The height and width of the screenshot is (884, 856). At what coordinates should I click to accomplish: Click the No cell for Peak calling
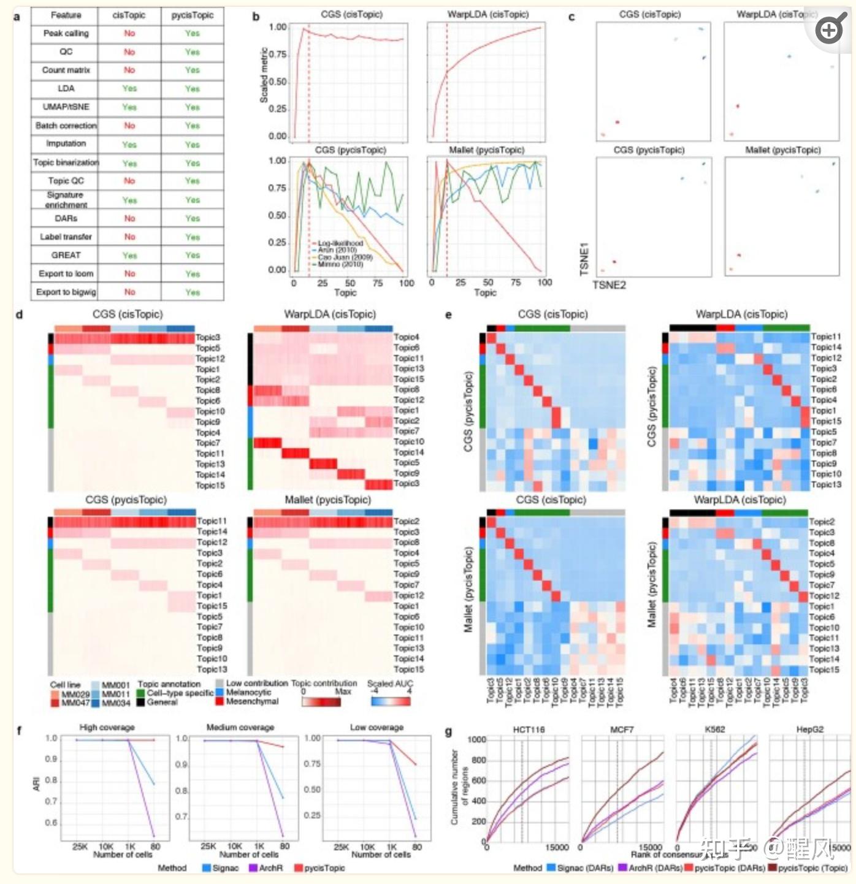[129, 33]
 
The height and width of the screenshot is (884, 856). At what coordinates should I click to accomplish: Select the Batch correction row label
[66, 126]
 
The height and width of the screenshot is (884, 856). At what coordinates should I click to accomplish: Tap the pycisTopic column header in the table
[193, 15]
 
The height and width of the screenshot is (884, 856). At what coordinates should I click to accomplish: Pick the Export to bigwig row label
[66, 292]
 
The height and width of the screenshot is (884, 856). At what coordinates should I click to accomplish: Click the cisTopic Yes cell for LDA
[129, 89]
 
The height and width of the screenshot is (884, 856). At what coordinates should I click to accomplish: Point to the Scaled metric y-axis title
[264, 75]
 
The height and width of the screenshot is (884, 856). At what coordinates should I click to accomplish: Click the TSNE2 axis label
[609, 285]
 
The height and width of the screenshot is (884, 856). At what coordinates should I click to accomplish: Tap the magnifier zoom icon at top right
[829, 29]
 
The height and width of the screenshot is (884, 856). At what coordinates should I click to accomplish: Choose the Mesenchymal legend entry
[252, 701]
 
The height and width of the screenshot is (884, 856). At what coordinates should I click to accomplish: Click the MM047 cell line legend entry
[75, 703]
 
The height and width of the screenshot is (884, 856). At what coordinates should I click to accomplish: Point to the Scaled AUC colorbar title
[390, 684]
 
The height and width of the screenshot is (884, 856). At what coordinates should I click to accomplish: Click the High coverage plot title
[107, 728]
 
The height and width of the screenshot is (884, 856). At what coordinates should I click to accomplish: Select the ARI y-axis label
[37, 783]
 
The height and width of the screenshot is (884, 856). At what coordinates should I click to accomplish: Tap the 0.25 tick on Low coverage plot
[312, 815]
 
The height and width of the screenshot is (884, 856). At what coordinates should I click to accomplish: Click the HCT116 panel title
[528, 730]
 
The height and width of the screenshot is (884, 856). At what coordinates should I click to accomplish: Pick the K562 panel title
[715, 730]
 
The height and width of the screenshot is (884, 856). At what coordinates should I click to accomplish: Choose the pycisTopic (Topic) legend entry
[808, 868]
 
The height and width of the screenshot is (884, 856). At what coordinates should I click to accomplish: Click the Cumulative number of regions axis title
[459, 787]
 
